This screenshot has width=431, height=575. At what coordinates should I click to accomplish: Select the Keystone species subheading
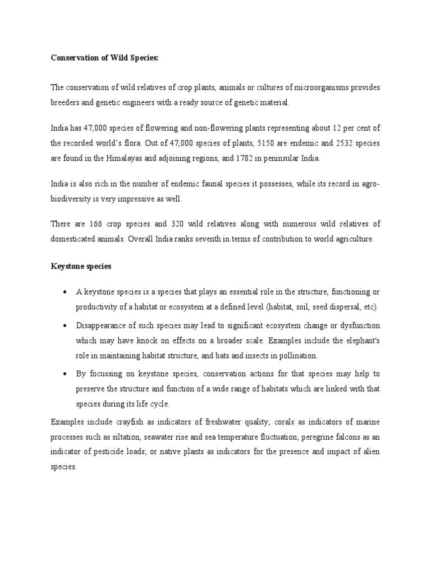pos(81,266)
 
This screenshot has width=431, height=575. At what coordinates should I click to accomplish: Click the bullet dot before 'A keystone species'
pos(66,293)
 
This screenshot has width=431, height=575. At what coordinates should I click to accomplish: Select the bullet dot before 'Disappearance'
pos(66,326)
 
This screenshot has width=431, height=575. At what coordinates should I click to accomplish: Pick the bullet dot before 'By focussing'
pos(66,374)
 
